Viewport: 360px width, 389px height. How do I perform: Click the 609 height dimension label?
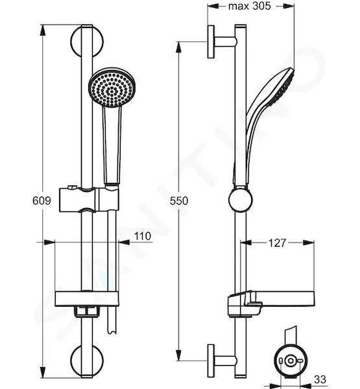(42, 200)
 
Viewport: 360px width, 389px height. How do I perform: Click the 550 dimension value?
(179, 201)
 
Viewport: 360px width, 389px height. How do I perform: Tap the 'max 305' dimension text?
(249, 6)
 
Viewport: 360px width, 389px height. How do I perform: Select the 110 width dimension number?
(143, 236)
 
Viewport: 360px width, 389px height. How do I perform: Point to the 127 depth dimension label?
(278, 243)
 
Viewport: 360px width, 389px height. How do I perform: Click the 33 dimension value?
(320, 379)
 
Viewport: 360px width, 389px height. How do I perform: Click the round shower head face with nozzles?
(112, 88)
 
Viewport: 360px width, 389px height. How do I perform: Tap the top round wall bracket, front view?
(87, 41)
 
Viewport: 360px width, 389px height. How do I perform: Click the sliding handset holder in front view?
(89, 200)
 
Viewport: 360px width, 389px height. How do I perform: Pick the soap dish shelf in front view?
(87, 299)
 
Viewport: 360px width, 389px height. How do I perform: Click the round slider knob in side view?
(241, 200)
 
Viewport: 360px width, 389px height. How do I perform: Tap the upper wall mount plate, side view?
(211, 41)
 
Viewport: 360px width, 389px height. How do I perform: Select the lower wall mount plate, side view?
(211, 361)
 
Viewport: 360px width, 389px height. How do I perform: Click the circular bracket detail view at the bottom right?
(290, 360)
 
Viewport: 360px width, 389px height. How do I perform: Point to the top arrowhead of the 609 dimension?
(43, 30)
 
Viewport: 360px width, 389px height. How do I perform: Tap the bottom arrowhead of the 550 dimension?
(178, 355)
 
